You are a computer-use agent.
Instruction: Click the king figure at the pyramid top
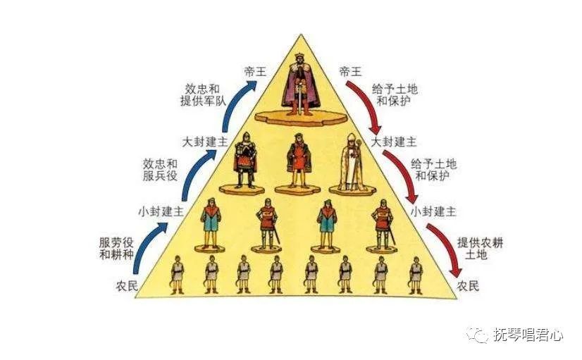pyautogui.click(x=301, y=85)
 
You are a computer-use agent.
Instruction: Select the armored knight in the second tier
pyautogui.click(x=245, y=161)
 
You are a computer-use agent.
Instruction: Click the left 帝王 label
pyautogui.click(x=256, y=71)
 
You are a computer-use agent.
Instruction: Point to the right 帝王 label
pyautogui.click(x=350, y=71)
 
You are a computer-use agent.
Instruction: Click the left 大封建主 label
pyautogui.click(x=204, y=142)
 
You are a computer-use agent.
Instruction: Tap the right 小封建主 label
pyautogui.click(x=433, y=211)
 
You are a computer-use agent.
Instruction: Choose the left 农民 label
pyautogui.click(x=127, y=286)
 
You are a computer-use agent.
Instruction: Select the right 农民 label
pyautogui.click(x=468, y=286)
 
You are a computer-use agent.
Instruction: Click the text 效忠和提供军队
pyautogui.click(x=203, y=95)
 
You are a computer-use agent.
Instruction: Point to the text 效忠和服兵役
pyautogui.click(x=161, y=170)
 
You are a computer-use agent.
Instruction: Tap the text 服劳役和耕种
pyautogui.click(x=116, y=248)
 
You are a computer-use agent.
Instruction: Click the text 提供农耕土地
pyautogui.click(x=480, y=248)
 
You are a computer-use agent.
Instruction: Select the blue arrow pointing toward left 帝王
pyautogui.click(x=232, y=101)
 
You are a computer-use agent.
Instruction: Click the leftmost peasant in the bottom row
pyautogui.click(x=177, y=275)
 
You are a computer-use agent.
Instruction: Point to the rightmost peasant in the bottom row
pyautogui.click(x=416, y=275)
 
